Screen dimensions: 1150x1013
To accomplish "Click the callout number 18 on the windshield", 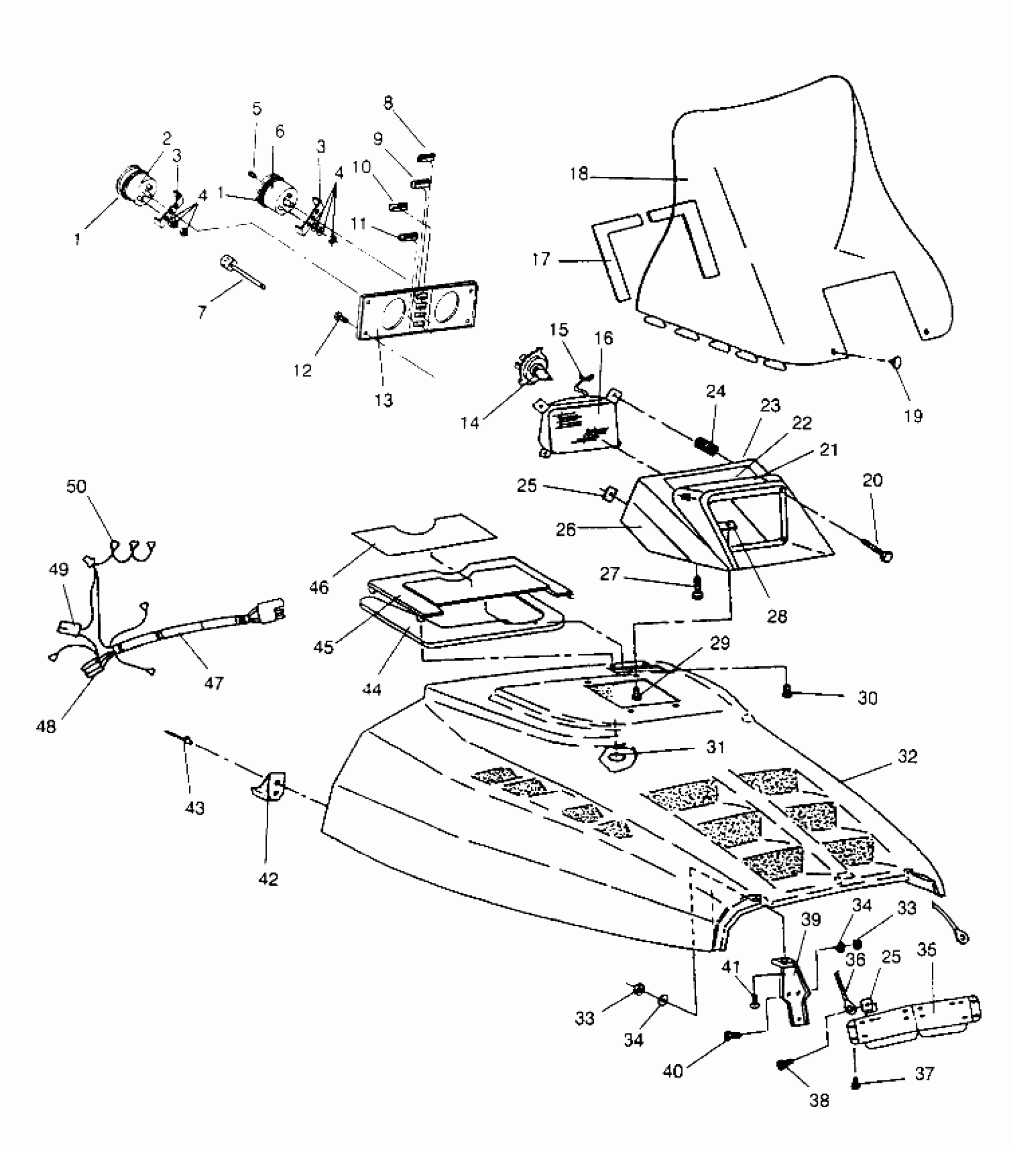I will coord(579,174).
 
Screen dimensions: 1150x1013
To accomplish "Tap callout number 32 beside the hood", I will coord(908,757).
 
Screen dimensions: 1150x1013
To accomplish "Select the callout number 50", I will coord(76,487).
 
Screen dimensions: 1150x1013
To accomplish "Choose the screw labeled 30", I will coord(788,691).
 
